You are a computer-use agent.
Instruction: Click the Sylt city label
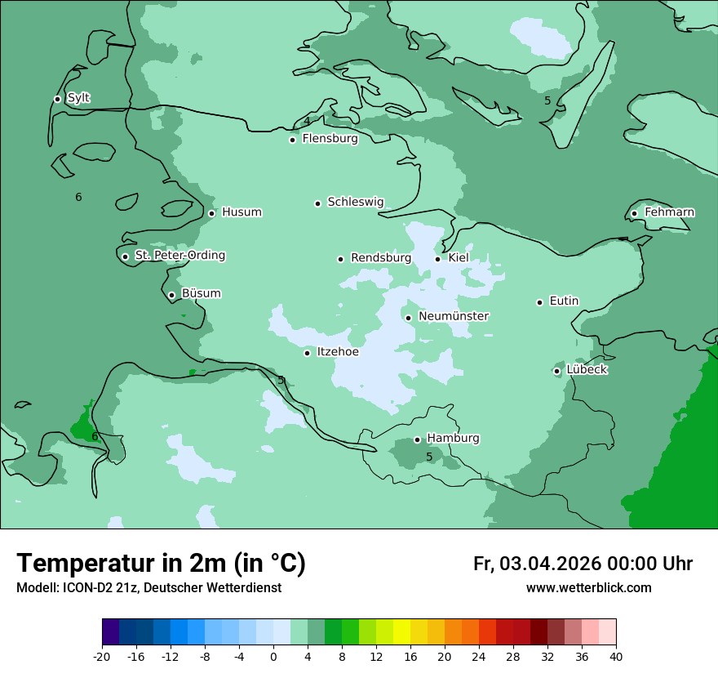point(78,98)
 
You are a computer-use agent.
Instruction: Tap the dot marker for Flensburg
point(292,140)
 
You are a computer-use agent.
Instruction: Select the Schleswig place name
point(355,202)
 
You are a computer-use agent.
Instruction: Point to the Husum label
point(242,212)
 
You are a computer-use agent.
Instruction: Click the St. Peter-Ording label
point(179,256)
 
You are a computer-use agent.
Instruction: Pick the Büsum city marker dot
point(171,295)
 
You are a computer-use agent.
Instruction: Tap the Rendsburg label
point(380,258)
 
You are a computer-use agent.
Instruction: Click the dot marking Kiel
point(437,259)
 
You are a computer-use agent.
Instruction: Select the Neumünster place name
point(453,316)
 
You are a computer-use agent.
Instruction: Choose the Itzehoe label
point(337,352)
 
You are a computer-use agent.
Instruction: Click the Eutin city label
point(564,301)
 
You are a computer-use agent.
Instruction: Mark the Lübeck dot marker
point(556,371)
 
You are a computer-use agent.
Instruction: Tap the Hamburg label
point(453,438)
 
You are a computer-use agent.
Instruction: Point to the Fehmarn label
point(669,212)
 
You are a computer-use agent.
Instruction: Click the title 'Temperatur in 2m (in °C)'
point(161,563)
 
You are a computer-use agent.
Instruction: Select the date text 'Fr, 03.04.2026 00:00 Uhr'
point(583,564)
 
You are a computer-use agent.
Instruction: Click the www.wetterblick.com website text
point(588,587)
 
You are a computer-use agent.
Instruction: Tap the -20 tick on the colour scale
point(102,656)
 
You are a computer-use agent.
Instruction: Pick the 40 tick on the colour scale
point(616,656)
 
